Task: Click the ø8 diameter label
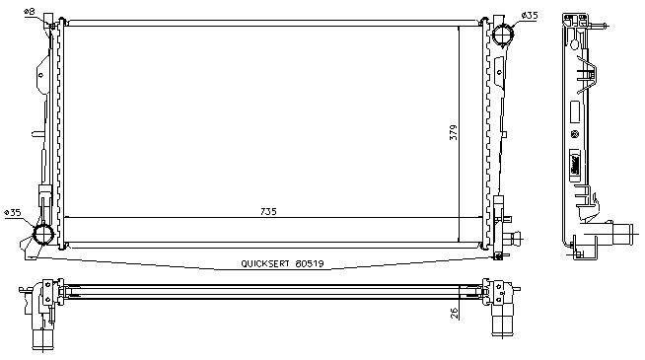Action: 30,12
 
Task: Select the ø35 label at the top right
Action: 530,16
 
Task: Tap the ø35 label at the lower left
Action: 13,213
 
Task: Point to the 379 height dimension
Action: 453,132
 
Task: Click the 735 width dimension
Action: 268,211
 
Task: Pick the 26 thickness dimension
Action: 454,313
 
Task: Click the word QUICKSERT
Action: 265,263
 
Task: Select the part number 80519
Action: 310,263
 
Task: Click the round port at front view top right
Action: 502,35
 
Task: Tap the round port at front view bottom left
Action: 43,234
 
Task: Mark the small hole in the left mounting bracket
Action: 40,75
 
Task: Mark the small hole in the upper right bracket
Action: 499,72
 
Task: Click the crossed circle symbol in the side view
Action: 575,134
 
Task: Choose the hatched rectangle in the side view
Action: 575,165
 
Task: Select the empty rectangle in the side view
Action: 575,111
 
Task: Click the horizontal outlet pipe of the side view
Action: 621,235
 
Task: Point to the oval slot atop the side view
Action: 575,42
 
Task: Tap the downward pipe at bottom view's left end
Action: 42,338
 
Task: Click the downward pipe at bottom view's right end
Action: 503,320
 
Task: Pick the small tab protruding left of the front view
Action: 37,134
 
